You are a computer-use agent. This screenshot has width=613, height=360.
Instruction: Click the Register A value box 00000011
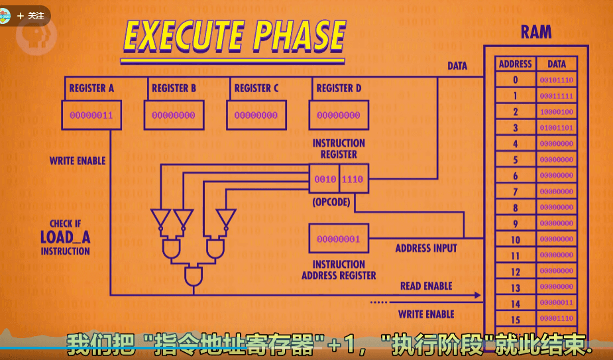[91, 115]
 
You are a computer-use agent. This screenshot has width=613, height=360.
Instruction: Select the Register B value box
[174, 115]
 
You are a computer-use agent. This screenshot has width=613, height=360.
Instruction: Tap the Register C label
[256, 88]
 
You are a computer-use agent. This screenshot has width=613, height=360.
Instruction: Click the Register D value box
[339, 115]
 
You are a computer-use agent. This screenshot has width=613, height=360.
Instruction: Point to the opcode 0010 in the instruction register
[325, 179]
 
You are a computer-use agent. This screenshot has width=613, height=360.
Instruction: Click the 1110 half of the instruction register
[352, 179]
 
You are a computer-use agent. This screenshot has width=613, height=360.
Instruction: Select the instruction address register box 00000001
[339, 239]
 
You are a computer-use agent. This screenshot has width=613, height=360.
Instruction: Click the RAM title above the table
[535, 32]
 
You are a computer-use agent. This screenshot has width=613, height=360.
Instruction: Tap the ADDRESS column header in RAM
[515, 64]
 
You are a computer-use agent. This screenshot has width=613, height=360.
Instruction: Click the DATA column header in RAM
[557, 64]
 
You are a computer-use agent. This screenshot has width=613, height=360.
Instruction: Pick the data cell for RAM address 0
[557, 80]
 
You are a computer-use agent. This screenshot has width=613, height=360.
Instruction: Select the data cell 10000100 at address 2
[557, 112]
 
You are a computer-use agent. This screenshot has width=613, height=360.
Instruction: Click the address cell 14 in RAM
[515, 303]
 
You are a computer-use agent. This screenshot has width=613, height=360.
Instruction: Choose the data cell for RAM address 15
[557, 319]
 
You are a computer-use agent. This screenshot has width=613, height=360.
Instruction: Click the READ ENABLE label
[426, 286]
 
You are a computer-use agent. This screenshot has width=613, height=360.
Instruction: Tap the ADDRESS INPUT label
[426, 249]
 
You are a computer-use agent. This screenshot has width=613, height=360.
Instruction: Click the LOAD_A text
[65, 237]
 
